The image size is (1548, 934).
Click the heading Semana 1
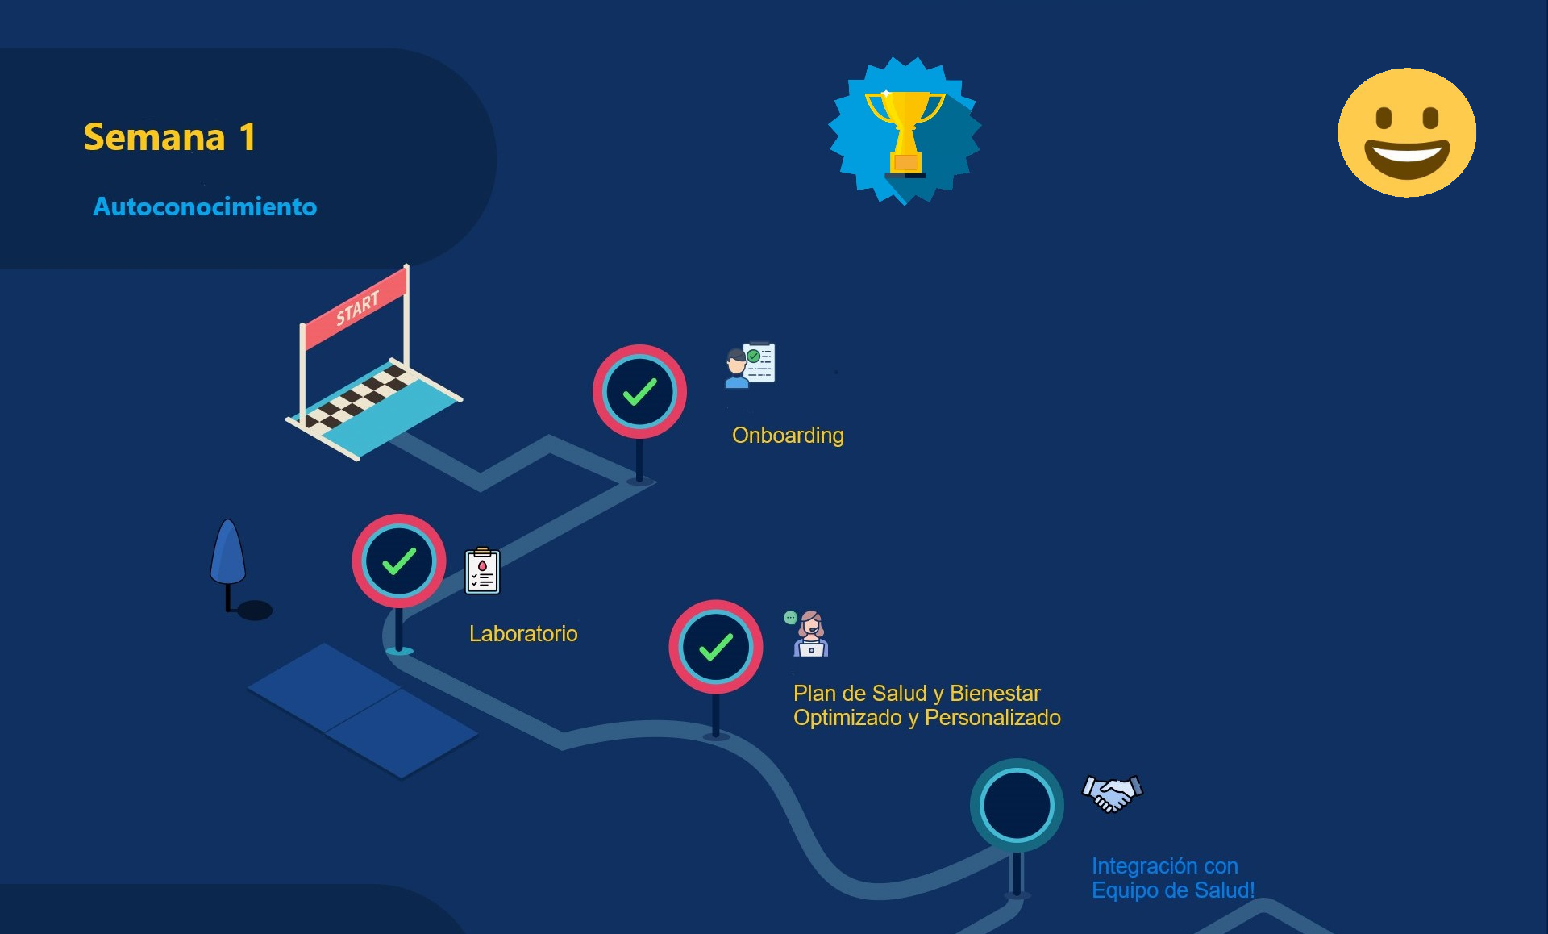point(169,137)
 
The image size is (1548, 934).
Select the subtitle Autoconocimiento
point(205,206)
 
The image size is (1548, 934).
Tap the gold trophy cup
point(905,129)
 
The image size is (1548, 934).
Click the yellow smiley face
point(1407,132)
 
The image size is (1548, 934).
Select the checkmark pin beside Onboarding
point(639,392)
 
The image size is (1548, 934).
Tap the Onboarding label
point(788,436)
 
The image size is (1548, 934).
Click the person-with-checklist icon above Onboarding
point(750,365)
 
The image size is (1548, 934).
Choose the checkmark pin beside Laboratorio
point(398,561)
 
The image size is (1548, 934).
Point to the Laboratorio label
point(523,634)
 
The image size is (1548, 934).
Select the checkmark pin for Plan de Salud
point(715,647)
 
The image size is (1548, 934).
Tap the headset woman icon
point(809,634)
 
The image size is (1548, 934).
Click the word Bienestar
point(995,694)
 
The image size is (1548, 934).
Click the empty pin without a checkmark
point(1017,805)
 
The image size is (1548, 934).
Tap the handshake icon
point(1113,794)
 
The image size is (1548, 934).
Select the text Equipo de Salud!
point(1173,890)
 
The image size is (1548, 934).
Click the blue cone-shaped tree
point(228,553)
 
